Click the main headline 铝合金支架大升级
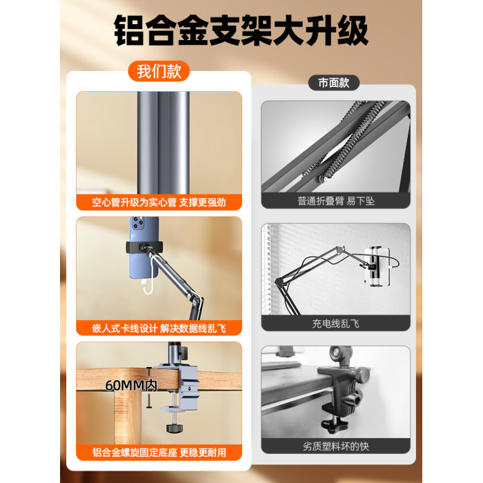point(241,31)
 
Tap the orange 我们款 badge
point(159,72)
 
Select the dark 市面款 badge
point(334,83)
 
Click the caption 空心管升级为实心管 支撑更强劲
point(159,202)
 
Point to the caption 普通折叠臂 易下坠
point(336,201)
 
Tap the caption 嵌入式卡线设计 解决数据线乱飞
point(159,328)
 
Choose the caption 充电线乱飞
point(336,324)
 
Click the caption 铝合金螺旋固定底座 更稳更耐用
point(159,453)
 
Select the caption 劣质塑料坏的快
point(336,446)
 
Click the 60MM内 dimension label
point(131,385)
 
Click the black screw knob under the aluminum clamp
point(175,428)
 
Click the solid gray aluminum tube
point(164,143)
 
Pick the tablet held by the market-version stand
point(377,266)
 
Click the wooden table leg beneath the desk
point(128,417)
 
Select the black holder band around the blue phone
point(144,247)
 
